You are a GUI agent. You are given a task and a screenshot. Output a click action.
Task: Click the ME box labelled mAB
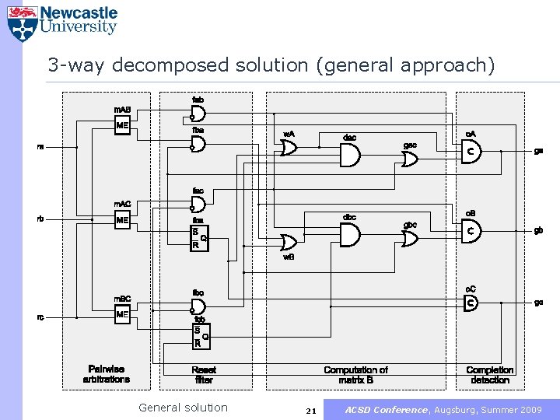122,125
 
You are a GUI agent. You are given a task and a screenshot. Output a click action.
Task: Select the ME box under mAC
122,220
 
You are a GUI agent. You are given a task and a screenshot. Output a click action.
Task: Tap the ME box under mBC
122,315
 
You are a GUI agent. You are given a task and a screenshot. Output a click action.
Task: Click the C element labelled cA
471,152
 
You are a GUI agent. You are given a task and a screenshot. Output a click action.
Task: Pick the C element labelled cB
471,231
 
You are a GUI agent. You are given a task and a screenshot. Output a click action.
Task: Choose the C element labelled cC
471,303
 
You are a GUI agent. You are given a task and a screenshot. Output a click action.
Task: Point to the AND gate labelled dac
349,156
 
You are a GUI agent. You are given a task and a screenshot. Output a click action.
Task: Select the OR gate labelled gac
410,159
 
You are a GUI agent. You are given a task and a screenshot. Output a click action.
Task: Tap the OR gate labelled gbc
410,238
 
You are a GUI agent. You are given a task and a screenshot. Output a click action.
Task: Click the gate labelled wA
289,148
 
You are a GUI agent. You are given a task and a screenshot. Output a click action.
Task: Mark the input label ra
40,145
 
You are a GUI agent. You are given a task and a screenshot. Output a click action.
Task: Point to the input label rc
40,317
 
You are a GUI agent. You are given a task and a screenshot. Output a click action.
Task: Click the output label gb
538,230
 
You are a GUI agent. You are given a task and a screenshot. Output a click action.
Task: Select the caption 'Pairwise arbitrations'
107,374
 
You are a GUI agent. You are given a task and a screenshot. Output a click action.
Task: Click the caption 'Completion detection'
489,375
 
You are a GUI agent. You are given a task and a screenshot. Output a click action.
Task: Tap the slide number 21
310,410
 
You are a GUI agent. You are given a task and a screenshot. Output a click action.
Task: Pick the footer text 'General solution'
183,408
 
